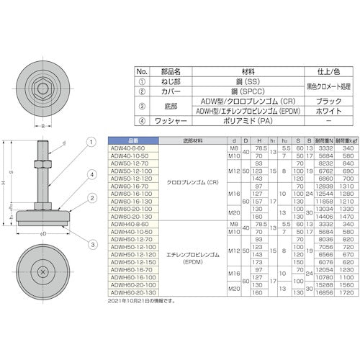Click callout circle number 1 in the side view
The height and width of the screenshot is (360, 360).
click(x=91, y=142)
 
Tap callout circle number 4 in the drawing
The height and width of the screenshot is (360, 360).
click(x=91, y=174)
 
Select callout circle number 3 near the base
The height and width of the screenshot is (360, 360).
click(x=91, y=225)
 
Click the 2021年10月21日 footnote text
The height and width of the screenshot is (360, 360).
click(x=141, y=300)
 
